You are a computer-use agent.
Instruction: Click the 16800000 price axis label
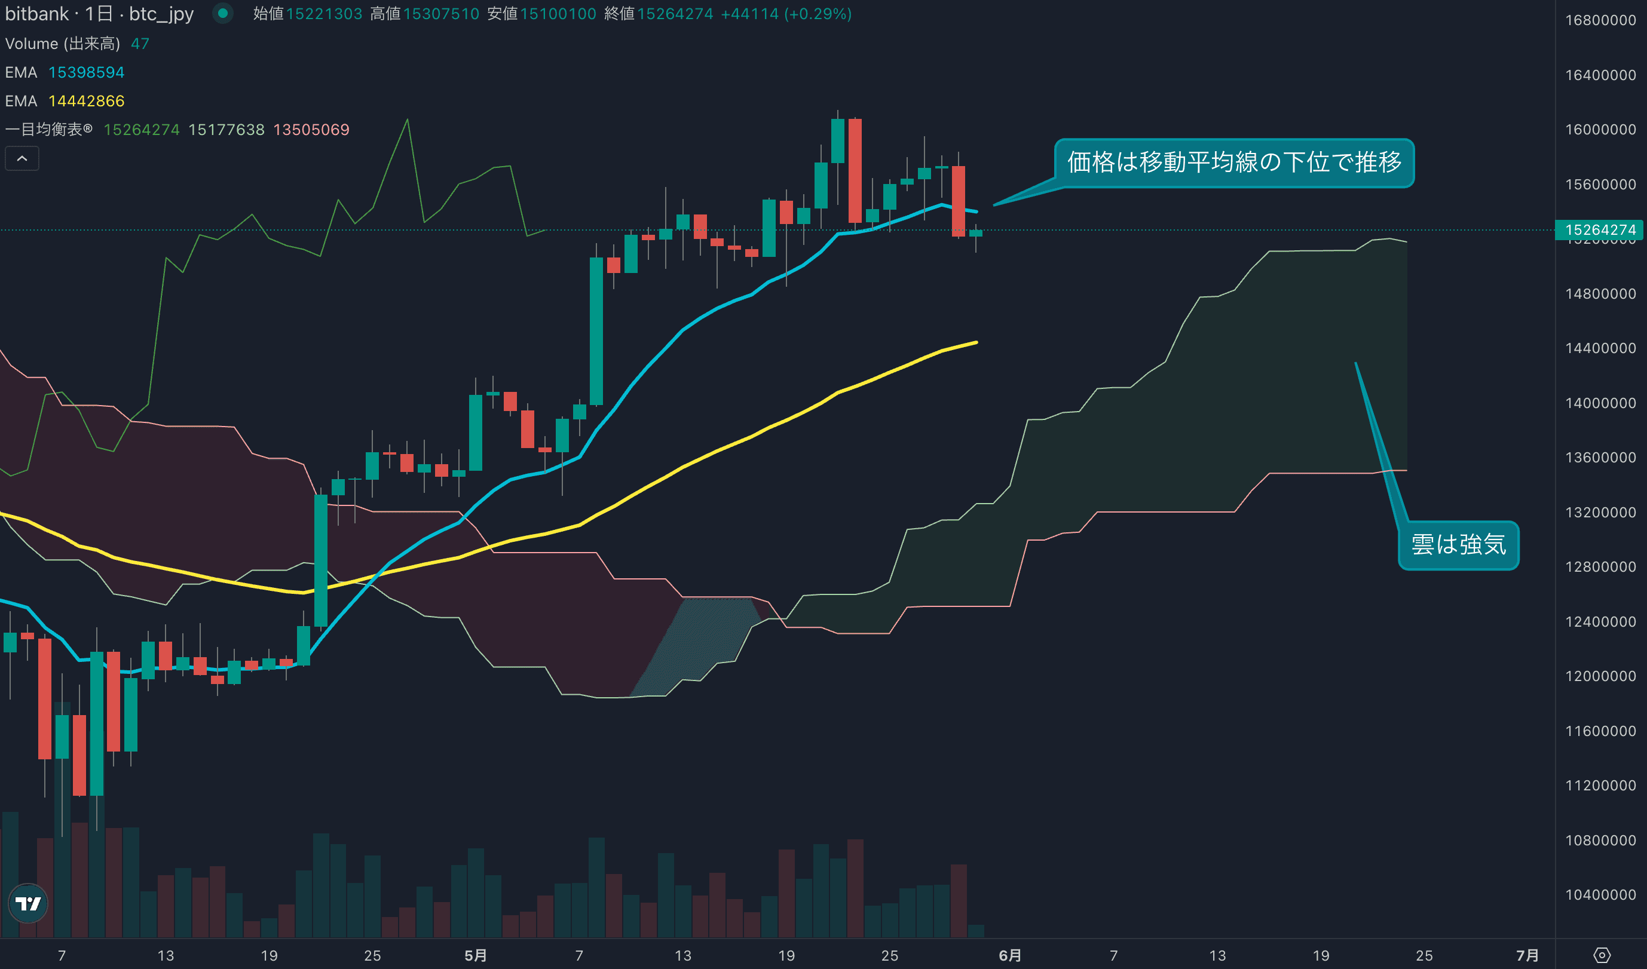[1600, 20]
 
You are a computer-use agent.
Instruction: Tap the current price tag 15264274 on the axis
[1600, 230]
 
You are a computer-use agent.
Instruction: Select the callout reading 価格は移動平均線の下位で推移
[1234, 162]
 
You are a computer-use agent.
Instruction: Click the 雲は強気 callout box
[1458, 545]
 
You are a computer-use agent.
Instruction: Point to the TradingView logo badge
[28, 903]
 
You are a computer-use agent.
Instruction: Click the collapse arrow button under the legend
[22, 159]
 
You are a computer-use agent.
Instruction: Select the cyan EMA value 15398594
[86, 72]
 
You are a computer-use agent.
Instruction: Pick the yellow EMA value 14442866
[86, 102]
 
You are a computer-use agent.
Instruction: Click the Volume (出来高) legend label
[63, 44]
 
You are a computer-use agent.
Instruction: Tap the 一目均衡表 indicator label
[48, 130]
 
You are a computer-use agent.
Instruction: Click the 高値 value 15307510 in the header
[441, 14]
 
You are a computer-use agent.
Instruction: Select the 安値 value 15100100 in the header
[558, 14]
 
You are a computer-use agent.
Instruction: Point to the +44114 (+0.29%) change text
[786, 14]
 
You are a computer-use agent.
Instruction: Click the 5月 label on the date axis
[476, 955]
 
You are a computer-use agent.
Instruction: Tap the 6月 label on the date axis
[1010, 955]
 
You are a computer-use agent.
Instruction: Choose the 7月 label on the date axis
[1527, 955]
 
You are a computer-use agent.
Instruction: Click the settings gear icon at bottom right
[1602, 955]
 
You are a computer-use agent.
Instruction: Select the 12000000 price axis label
[1600, 676]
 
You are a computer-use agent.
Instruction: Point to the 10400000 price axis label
[1600, 894]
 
